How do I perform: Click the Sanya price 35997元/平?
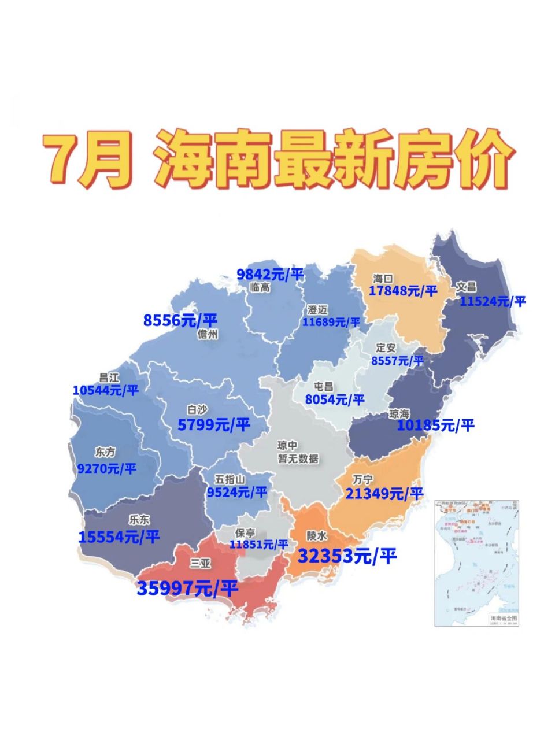187,589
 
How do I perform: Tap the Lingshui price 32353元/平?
347,556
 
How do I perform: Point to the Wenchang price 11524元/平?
493,301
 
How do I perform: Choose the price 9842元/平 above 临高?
270,274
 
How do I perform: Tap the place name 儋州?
208,334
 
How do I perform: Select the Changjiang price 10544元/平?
106,390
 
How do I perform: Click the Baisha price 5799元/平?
214,425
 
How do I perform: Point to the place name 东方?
105,453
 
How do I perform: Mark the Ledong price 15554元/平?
119,537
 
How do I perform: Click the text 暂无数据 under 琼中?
298,459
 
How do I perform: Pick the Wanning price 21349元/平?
384,493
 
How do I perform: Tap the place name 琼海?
399,414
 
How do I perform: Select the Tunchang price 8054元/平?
335,399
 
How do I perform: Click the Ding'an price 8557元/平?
397,361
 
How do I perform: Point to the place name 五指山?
230,479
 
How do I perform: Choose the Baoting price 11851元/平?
258,544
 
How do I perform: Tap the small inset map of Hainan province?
476,563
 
